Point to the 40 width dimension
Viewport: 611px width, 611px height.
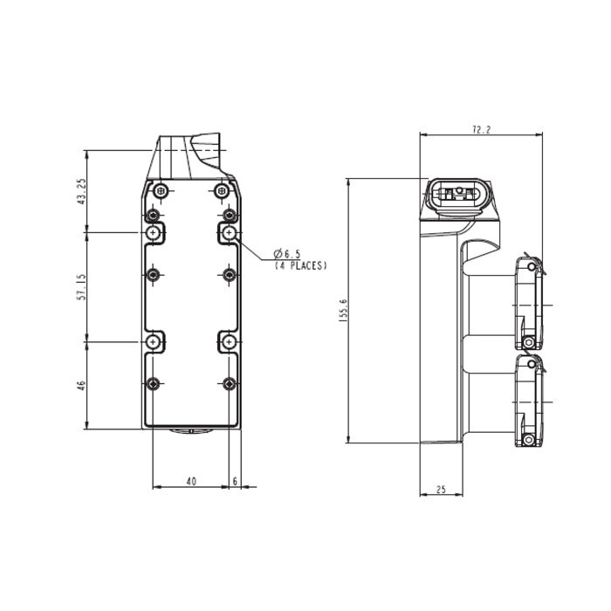tap(191, 480)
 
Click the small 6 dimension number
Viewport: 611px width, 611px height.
tap(236, 480)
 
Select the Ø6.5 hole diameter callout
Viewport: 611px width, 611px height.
tap(287, 254)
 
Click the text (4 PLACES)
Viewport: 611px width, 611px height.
tap(300, 264)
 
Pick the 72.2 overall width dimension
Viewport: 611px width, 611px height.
tap(481, 129)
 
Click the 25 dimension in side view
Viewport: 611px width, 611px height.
tap(441, 490)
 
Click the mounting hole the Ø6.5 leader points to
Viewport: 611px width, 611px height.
tap(229, 233)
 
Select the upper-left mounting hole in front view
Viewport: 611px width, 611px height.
tap(154, 233)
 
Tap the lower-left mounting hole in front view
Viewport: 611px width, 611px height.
tap(154, 342)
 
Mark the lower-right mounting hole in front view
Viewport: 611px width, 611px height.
tap(229, 342)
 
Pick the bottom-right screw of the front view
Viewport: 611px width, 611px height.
tap(229, 384)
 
